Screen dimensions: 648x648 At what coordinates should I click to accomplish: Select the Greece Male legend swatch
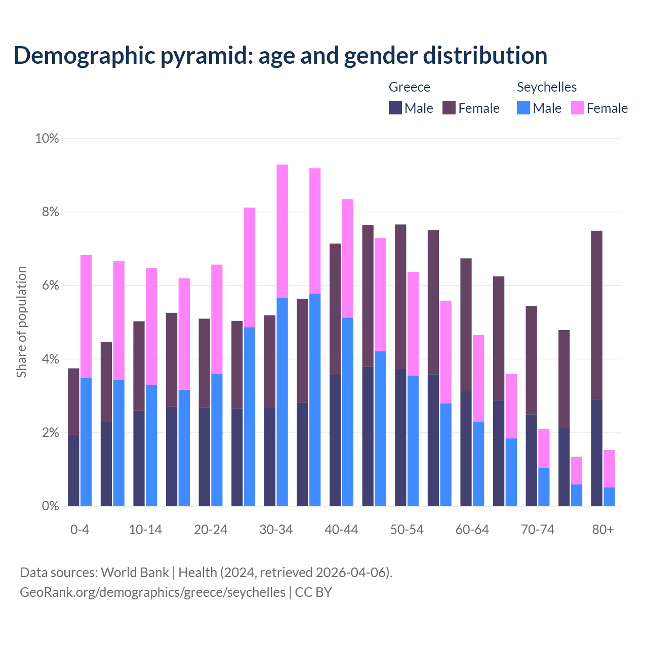pyautogui.click(x=395, y=108)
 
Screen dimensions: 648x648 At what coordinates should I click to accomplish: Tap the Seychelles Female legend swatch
pyautogui.click(x=577, y=108)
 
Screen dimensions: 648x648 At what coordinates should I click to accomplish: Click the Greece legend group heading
pyautogui.click(x=409, y=87)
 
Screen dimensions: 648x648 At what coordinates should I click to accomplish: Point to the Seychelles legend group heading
pyautogui.click(x=546, y=87)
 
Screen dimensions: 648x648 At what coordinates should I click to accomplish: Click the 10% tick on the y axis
pyautogui.click(x=47, y=138)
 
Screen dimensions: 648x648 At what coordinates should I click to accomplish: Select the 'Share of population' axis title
pyautogui.click(x=21, y=322)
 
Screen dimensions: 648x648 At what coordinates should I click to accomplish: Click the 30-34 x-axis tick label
pyautogui.click(x=276, y=530)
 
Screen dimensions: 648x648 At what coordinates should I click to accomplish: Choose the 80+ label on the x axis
pyautogui.click(x=602, y=530)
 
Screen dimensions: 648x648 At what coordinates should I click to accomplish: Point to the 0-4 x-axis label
pyautogui.click(x=79, y=530)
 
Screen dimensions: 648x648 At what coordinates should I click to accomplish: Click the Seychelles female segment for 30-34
pyautogui.click(x=282, y=231)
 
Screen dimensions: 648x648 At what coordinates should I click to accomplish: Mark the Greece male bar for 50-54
pyautogui.click(x=400, y=438)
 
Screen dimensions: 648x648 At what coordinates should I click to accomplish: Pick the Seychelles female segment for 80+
pyautogui.click(x=609, y=468)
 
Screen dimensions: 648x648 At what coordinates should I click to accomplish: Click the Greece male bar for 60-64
pyautogui.click(x=466, y=449)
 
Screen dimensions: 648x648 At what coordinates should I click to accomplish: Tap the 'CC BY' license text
pyautogui.click(x=313, y=592)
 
